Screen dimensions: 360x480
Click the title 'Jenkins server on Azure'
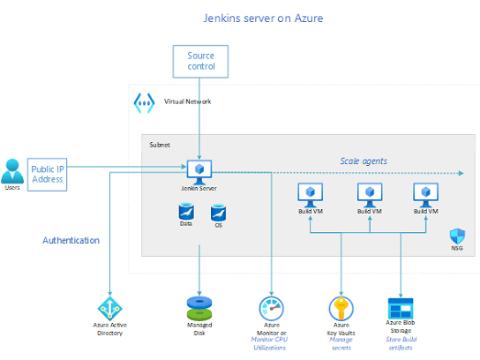point(240,18)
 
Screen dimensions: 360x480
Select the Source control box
point(200,61)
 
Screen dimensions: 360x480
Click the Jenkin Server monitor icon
point(199,167)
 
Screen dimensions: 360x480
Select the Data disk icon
point(187,212)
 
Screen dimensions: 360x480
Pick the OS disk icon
point(217,213)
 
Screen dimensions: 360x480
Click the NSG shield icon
point(456,236)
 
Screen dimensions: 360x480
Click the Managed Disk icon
point(200,307)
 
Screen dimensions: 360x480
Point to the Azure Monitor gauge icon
point(271,308)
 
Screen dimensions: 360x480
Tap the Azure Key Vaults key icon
point(341,308)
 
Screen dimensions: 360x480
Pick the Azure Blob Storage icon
point(400,308)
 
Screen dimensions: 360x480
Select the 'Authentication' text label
point(71,240)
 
